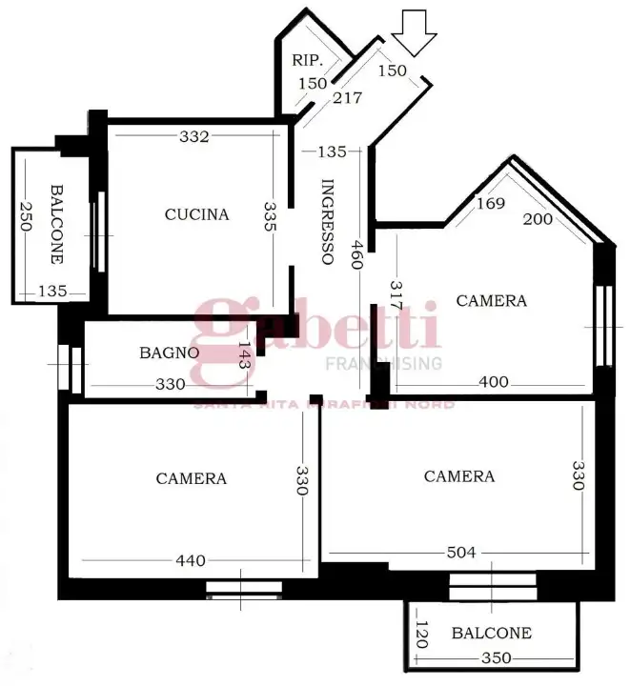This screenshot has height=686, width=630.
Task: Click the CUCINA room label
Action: click(x=196, y=214)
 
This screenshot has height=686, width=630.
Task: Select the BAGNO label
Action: click(x=169, y=353)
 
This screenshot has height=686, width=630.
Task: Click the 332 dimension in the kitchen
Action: click(x=193, y=136)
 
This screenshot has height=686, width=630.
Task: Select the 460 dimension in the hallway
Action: click(x=356, y=254)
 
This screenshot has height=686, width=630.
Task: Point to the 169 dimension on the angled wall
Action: click(x=490, y=203)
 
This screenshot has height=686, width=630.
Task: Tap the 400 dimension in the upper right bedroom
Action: click(x=493, y=382)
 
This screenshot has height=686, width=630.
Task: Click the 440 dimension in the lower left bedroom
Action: click(x=191, y=561)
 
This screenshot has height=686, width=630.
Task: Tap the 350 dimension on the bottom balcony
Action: click(x=495, y=657)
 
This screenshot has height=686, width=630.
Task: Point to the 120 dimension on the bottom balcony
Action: click(x=421, y=633)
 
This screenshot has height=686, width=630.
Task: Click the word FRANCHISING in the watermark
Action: click(x=384, y=363)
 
